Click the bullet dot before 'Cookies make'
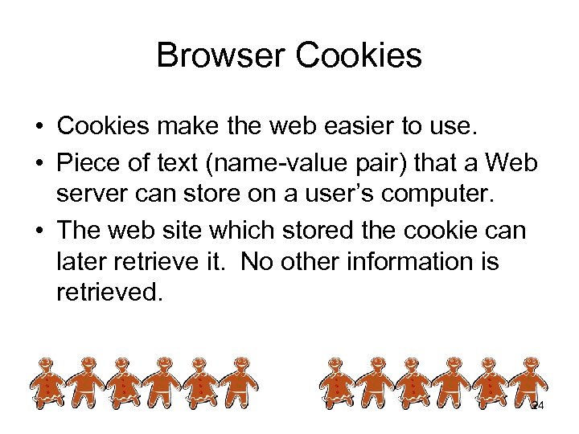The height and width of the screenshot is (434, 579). (x=38, y=128)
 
